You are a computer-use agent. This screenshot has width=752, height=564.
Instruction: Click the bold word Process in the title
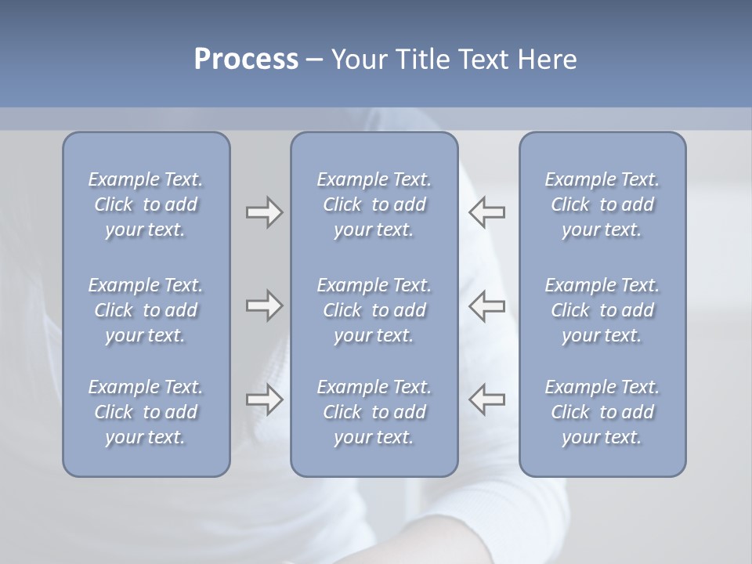(x=246, y=60)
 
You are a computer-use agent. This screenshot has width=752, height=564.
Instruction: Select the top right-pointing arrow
(x=264, y=212)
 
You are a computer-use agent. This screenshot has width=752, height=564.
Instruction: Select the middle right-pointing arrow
(x=264, y=305)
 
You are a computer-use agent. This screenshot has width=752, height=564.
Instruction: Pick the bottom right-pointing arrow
(x=264, y=399)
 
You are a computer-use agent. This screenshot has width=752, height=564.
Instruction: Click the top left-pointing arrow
(x=487, y=212)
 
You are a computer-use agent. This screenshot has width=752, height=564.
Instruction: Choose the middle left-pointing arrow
(x=487, y=305)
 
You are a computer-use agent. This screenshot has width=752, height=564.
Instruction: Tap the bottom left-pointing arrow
(x=487, y=399)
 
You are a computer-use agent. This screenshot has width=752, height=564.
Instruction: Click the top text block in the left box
(x=146, y=204)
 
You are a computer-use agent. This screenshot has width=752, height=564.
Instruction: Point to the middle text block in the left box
(x=146, y=310)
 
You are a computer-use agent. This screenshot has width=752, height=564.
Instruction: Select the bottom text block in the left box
(x=146, y=412)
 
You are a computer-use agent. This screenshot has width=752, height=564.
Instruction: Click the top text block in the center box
(x=374, y=204)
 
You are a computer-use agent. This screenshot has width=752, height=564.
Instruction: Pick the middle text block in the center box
(x=374, y=310)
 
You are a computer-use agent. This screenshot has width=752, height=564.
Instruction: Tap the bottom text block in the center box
(x=374, y=412)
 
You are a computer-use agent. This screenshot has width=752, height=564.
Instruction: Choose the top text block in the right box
(x=602, y=204)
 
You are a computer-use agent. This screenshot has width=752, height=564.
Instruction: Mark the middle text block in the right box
(x=602, y=310)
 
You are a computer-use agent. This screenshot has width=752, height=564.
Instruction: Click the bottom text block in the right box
(x=602, y=412)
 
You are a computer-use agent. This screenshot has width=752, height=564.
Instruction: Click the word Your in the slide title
(x=358, y=60)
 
